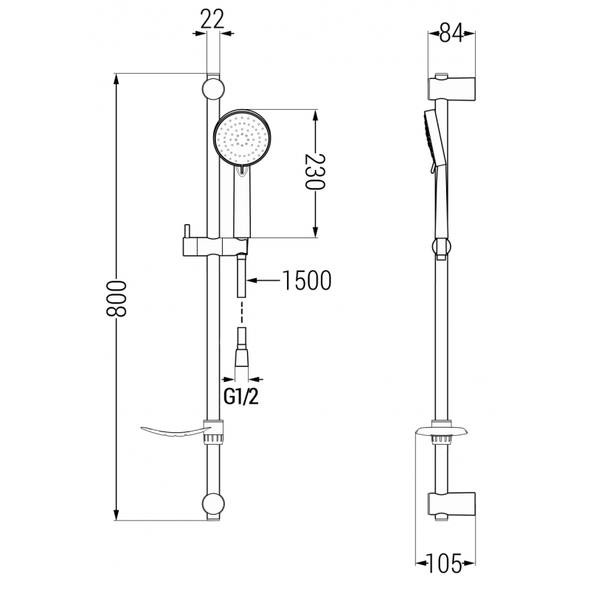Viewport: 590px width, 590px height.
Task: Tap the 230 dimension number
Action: (316, 172)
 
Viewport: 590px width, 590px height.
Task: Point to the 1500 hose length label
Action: (305, 280)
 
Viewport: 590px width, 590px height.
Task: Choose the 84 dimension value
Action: (451, 33)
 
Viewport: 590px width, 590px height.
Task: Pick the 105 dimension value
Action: (446, 564)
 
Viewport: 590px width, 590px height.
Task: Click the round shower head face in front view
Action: (243, 138)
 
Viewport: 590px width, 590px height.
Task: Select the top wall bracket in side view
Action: (450, 86)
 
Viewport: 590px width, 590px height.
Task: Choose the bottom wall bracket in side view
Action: (450, 507)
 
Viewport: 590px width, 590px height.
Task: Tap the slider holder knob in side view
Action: (441, 249)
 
